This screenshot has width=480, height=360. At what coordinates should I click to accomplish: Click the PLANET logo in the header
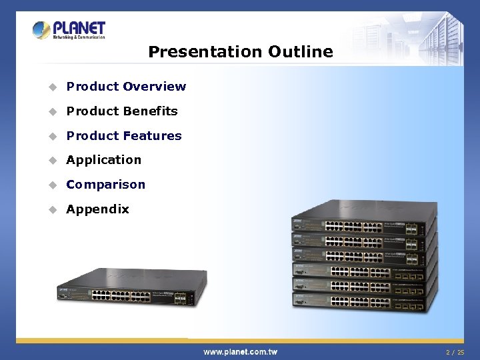(x=69, y=30)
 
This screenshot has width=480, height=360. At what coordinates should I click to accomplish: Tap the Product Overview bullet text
(x=126, y=87)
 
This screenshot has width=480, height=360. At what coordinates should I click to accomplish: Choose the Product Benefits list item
(x=122, y=111)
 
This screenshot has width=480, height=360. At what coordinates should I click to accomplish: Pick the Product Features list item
(x=124, y=136)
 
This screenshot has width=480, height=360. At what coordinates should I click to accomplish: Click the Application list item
(x=104, y=160)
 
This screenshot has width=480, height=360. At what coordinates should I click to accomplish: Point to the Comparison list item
(x=105, y=185)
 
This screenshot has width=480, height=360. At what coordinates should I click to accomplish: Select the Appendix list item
(x=97, y=209)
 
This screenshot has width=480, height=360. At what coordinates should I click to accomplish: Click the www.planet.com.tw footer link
(x=240, y=351)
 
